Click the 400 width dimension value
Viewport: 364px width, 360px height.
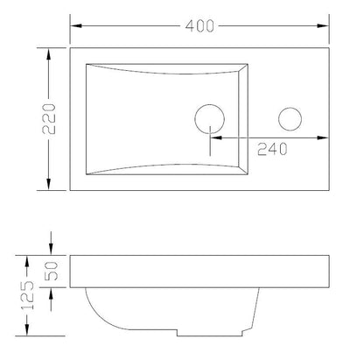point(199,25)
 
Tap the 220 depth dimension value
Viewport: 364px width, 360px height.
point(49,118)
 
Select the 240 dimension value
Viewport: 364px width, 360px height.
point(272,149)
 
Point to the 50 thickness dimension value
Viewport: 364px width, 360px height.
point(52,271)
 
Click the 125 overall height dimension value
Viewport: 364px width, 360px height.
point(27,295)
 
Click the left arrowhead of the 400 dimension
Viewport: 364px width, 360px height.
point(76,25)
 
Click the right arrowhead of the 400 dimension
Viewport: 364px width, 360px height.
point(323,25)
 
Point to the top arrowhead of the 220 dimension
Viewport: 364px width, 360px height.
point(49,54)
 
